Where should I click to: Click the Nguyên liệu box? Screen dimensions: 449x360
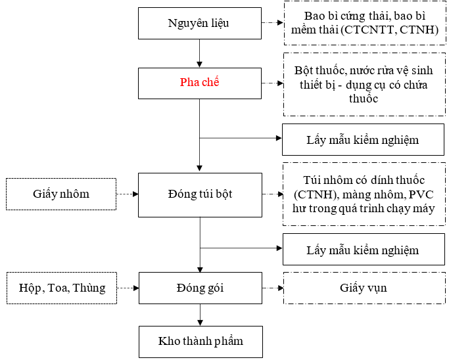(x=200, y=23)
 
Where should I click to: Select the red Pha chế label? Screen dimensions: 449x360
(x=200, y=82)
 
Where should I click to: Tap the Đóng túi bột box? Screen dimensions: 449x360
(x=200, y=195)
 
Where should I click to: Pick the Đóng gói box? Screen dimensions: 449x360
(x=200, y=288)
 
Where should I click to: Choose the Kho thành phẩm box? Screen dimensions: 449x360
(x=201, y=342)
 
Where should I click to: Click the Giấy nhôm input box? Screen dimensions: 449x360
(x=61, y=194)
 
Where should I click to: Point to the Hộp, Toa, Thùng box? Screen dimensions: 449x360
(x=62, y=288)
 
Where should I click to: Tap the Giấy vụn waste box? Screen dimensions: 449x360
(x=364, y=288)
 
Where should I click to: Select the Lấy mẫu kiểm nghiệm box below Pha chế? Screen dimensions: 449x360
(x=363, y=140)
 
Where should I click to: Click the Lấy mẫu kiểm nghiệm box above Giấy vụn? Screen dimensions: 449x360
(x=364, y=249)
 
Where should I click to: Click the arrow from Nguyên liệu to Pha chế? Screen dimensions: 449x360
(x=200, y=53)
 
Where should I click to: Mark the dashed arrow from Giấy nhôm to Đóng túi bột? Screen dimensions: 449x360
(x=128, y=194)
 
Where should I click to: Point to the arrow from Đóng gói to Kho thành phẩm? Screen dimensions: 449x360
(x=200, y=315)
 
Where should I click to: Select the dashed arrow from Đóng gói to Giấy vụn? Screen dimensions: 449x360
(x=273, y=288)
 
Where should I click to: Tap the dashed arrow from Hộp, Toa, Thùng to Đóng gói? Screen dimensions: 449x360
(x=128, y=288)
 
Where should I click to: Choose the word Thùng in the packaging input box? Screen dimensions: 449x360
(x=89, y=288)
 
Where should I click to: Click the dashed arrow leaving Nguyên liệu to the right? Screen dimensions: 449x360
(x=272, y=22)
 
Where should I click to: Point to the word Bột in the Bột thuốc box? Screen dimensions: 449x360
(x=303, y=70)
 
